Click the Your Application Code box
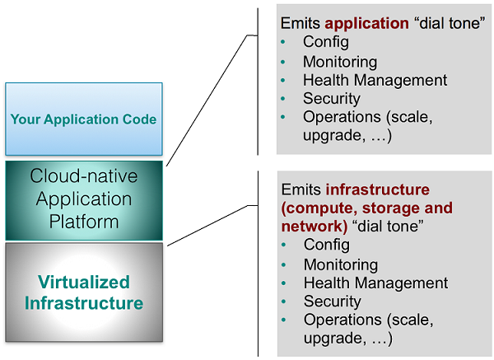click(83, 119)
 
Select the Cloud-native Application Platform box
click(83, 199)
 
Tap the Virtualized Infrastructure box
click(83, 292)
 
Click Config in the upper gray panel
click(326, 42)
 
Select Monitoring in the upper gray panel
click(340, 62)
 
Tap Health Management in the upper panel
click(375, 80)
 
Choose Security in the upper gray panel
click(332, 99)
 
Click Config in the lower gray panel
click(327, 245)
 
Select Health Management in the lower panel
click(375, 283)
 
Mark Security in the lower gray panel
click(333, 302)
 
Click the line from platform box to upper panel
click(207, 100)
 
